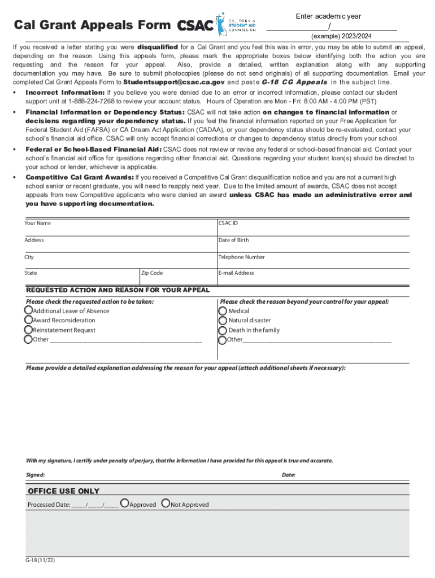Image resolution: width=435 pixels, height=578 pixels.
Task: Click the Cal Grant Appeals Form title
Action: (x=92, y=25)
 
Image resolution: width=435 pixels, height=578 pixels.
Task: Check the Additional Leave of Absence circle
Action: (x=28, y=310)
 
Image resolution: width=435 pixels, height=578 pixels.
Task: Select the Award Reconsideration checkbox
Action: (x=28, y=320)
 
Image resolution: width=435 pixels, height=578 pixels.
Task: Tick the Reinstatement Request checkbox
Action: (x=28, y=330)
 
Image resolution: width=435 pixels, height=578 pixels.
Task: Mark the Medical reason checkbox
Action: (x=223, y=310)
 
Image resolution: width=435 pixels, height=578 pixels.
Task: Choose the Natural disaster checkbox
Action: (x=223, y=320)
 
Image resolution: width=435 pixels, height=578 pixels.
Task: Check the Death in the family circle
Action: (x=223, y=330)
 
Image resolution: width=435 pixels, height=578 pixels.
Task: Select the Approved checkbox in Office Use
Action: (x=125, y=503)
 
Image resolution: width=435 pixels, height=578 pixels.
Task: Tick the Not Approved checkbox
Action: (x=166, y=503)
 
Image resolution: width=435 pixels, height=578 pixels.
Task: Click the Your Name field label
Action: (x=37, y=223)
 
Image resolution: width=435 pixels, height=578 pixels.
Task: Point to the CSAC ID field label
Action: (x=228, y=223)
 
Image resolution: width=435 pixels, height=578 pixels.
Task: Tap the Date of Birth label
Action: (x=233, y=240)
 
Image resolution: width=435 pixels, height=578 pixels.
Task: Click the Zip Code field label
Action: (x=152, y=273)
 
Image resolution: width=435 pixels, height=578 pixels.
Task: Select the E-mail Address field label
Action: (x=236, y=273)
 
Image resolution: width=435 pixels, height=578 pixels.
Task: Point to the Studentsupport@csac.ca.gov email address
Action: (x=169, y=82)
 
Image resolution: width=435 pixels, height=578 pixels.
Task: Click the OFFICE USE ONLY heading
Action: (x=64, y=491)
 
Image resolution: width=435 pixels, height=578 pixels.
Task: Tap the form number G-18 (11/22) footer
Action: (x=40, y=561)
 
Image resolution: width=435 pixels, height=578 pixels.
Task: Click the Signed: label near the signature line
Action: (x=35, y=475)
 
